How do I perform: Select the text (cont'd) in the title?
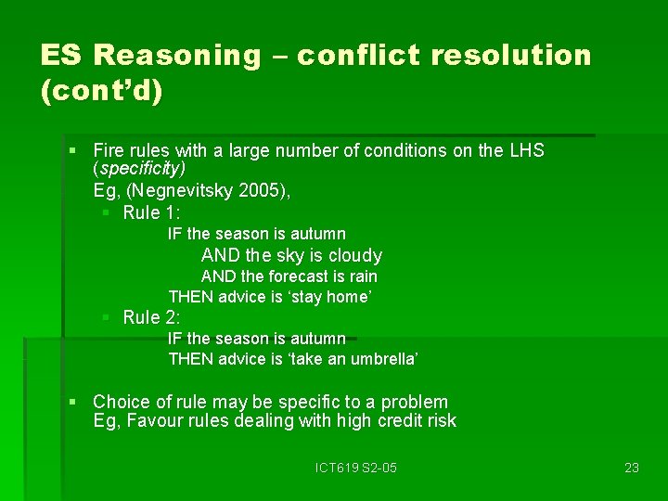(102, 93)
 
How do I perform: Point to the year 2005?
(262, 190)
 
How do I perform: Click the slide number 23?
(632, 468)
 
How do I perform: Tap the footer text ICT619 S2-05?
(356, 468)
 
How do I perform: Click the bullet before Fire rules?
(73, 150)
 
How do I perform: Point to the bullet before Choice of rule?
(73, 402)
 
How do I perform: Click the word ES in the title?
(60, 56)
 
